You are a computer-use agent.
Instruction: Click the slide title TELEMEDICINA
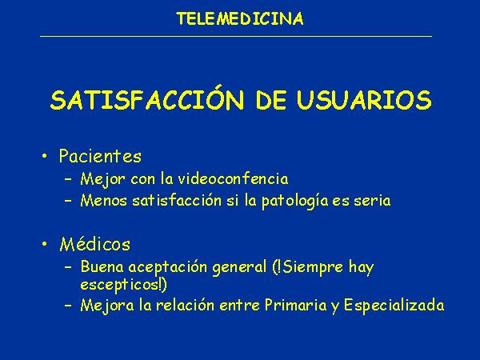pyautogui.click(x=240, y=18)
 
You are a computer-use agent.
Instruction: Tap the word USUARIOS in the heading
pyautogui.click(x=364, y=100)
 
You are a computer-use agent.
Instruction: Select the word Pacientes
pyautogui.click(x=100, y=156)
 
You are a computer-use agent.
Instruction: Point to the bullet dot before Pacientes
pyautogui.click(x=45, y=156)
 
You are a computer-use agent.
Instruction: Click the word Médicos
pyautogui.click(x=95, y=244)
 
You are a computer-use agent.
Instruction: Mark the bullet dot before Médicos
pyautogui.click(x=45, y=244)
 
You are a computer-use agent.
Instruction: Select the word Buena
pyautogui.click(x=102, y=266)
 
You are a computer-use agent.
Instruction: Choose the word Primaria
pyautogui.click(x=295, y=305)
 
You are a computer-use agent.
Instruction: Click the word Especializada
pyautogui.click(x=394, y=306)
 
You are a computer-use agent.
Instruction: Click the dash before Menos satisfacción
pyautogui.click(x=68, y=201)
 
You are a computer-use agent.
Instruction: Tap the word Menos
pyautogui.click(x=103, y=201)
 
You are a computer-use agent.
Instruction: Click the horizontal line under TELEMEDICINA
pyautogui.click(x=236, y=36)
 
